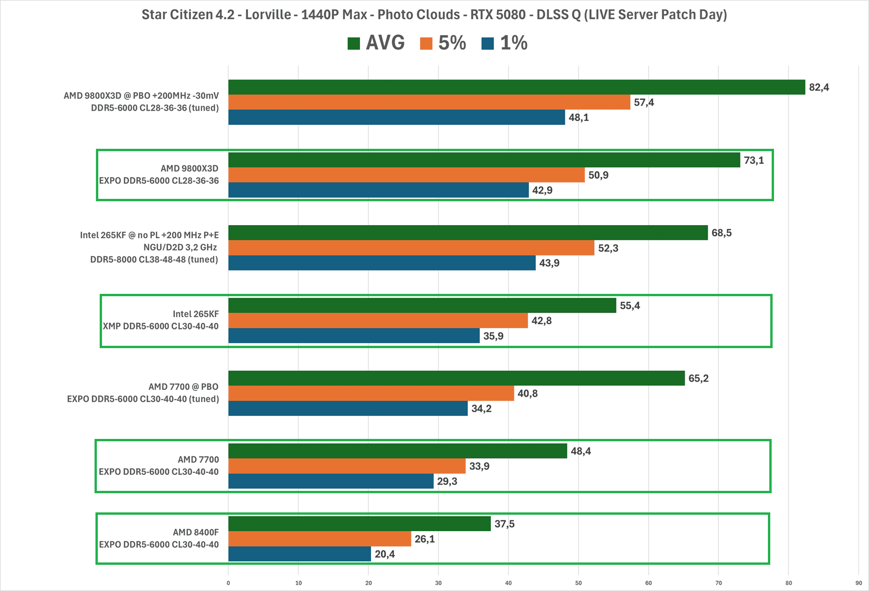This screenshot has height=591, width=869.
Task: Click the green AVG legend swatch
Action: (x=354, y=44)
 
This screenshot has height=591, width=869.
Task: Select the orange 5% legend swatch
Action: (x=426, y=44)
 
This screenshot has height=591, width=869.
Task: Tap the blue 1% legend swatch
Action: (x=488, y=44)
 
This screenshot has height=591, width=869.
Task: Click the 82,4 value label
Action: (x=818, y=88)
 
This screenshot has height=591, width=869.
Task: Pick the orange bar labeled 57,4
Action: (x=429, y=102)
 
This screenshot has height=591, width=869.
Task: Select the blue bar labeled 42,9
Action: (x=378, y=190)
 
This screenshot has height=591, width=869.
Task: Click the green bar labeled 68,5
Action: (x=468, y=233)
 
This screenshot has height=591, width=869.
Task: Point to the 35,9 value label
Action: (x=493, y=336)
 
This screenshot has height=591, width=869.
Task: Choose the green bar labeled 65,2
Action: (x=456, y=378)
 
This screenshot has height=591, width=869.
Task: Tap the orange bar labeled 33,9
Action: (x=347, y=466)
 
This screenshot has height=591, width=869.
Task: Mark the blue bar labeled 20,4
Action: (x=299, y=554)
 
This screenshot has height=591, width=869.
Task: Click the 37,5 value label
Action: (x=504, y=524)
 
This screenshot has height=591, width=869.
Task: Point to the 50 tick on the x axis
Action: (x=578, y=583)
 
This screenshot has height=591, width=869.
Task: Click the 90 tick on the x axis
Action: (x=859, y=583)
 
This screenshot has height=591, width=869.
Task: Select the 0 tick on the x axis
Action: (x=228, y=583)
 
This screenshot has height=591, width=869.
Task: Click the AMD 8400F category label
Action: (x=196, y=533)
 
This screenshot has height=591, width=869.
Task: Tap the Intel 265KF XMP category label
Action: (x=161, y=320)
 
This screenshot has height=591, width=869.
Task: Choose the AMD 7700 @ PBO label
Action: (x=183, y=387)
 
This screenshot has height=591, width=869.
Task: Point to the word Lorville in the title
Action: (x=268, y=15)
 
